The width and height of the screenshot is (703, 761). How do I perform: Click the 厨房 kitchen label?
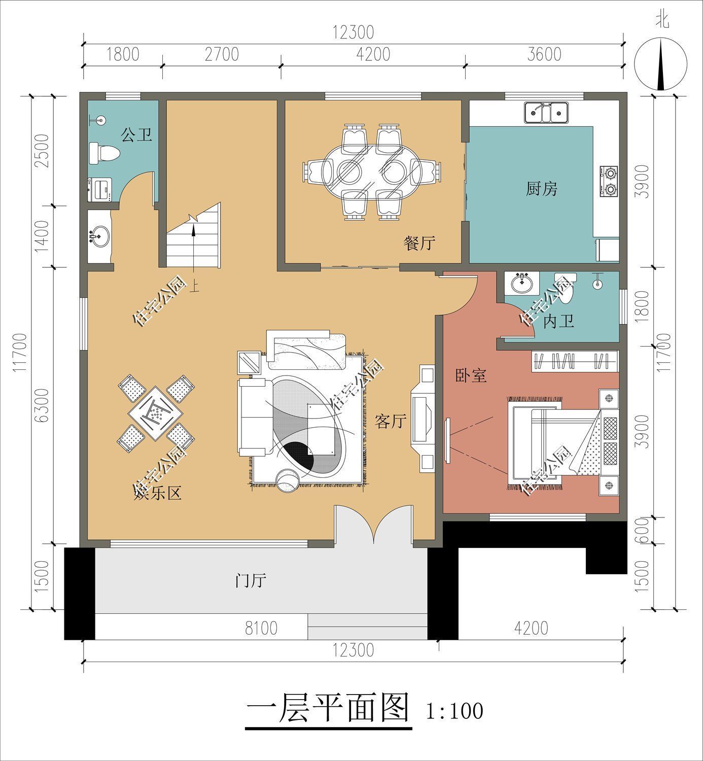pyautogui.click(x=541, y=189)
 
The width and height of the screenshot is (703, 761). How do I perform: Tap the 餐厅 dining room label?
pyautogui.click(x=419, y=243)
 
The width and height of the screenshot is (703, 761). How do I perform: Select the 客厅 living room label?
pyautogui.click(x=391, y=421)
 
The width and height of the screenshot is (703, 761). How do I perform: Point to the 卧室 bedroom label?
pyautogui.click(x=471, y=375)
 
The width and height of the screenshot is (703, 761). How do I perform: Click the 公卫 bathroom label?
pyautogui.click(x=136, y=135)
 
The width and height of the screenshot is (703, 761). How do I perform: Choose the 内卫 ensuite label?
pyautogui.click(x=558, y=321)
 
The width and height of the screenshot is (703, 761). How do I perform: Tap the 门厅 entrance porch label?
pyautogui.click(x=251, y=580)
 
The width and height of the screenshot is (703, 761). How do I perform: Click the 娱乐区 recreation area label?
pyautogui.click(x=157, y=494)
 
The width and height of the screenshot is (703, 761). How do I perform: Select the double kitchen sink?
pyautogui.click(x=546, y=112)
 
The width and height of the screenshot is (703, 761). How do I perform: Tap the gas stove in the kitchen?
pyautogui.click(x=609, y=181)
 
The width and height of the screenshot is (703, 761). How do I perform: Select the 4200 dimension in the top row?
pyautogui.click(x=373, y=54)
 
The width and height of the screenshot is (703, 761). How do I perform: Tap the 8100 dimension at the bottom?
pyautogui.click(x=261, y=628)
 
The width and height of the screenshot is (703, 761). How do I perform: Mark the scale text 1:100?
pyautogui.click(x=454, y=711)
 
